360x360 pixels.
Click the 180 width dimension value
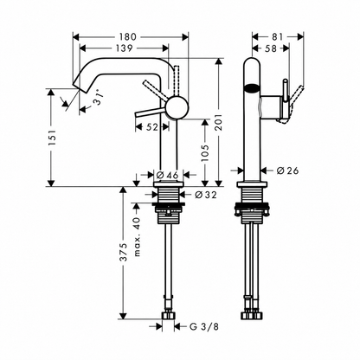[x=127, y=36]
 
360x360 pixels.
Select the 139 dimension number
[x=124, y=48]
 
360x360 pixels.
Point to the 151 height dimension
[x=53, y=137]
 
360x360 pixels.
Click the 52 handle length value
[x=152, y=127]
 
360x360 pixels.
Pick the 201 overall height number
[x=219, y=122]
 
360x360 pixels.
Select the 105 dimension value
[x=204, y=153]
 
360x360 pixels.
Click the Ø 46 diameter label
[x=167, y=175]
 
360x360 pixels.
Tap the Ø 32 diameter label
[x=206, y=195]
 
